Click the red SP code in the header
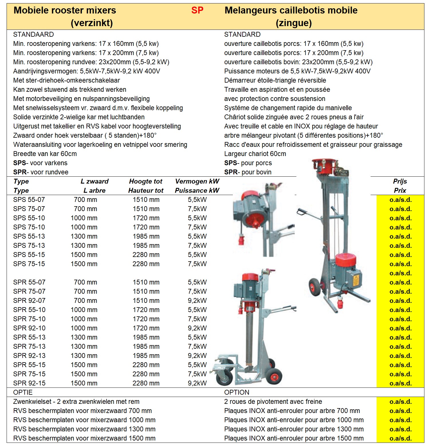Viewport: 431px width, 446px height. point(197,10)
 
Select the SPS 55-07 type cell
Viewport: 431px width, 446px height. point(29,200)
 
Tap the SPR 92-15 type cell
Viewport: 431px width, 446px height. point(29,383)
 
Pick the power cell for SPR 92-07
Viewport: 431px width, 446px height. point(197,301)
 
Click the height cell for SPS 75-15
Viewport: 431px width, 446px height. point(146,264)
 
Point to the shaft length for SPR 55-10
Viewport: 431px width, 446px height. point(84,310)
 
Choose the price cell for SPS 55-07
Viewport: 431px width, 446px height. point(400,200)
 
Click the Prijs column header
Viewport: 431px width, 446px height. point(400,181)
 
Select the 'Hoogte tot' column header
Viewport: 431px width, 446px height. point(145,181)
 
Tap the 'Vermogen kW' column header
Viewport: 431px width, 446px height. point(197,181)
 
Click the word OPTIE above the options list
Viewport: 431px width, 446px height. point(23,392)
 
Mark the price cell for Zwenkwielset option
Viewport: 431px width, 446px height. point(400,402)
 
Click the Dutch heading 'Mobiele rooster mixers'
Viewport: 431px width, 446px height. point(65,10)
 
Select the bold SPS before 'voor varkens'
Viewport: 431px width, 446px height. point(19,163)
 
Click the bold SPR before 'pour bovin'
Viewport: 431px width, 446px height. point(231,172)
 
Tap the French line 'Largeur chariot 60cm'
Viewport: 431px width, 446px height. point(255,154)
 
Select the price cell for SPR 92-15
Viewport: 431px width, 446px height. point(400,383)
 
